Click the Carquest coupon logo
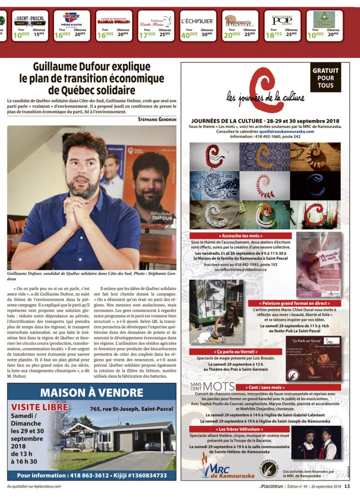(71, 19)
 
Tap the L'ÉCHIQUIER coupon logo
(197, 21)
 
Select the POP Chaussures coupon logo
(282, 20)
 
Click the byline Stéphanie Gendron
(157, 119)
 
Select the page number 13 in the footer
(347, 486)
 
